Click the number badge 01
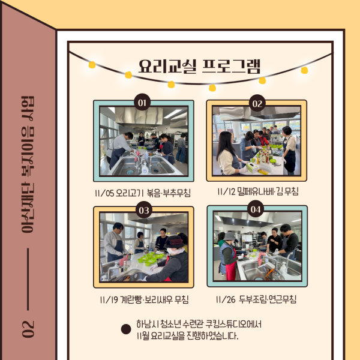(x=142, y=102)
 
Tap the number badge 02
(x=257, y=103)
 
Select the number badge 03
(x=144, y=209)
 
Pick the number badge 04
(x=256, y=209)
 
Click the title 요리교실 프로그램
(x=199, y=67)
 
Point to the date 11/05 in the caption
(x=104, y=193)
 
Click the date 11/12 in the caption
(x=226, y=191)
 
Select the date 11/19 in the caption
(x=109, y=299)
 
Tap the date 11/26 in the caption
(x=226, y=299)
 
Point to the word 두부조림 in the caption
(x=253, y=299)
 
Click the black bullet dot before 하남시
(x=126, y=329)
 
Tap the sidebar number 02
(x=28, y=329)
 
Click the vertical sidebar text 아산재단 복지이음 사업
(x=28, y=164)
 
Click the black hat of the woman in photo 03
(x=174, y=242)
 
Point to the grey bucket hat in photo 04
(x=229, y=236)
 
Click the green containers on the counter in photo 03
(x=151, y=258)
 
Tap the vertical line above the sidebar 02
(x=28, y=279)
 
